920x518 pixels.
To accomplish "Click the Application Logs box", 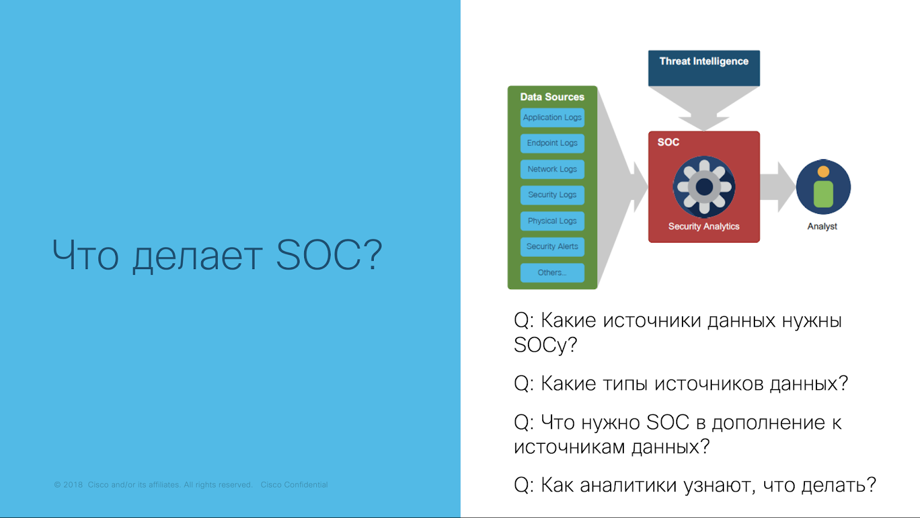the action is [x=552, y=117].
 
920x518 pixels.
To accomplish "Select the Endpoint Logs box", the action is [x=552, y=143].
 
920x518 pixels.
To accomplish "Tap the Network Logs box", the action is [x=552, y=169].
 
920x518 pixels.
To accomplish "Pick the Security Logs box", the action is [x=552, y=195].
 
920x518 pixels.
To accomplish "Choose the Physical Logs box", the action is [x=552, y=221].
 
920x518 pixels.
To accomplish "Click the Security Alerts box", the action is [x=552, y=247].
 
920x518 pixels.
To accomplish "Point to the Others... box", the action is [x=552, y=273].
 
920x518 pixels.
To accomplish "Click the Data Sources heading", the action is [x=552, y=97].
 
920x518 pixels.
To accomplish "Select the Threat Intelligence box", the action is [x=704, y=68].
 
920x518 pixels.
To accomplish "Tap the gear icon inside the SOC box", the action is [x=704, y=187].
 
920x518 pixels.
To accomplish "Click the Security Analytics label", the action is [x=704, y=227].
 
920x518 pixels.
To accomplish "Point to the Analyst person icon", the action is [x=823, y=187].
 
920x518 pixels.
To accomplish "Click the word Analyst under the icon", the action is [x=822, y=227].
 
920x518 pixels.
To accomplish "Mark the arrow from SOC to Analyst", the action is [x=777, y=187].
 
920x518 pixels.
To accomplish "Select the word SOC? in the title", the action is [x=329, y=255].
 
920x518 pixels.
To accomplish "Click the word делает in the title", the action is [x=198, y=256].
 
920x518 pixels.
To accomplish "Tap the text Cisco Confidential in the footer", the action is [x=294, y=485].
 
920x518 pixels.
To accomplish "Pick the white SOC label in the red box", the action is [x=668, y=142].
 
